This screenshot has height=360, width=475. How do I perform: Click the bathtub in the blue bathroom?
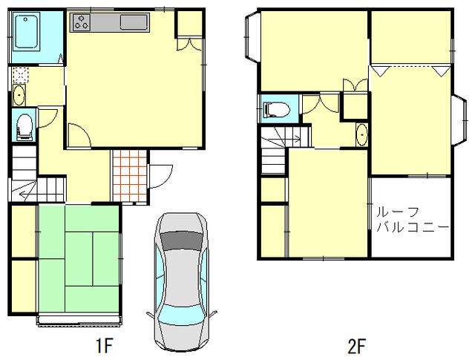point(27,32)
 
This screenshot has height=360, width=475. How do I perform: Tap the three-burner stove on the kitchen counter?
point(81,22)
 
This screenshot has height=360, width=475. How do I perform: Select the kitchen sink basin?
point(134,22)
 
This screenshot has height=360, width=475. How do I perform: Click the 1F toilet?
point(24,127)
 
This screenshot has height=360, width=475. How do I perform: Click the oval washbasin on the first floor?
point(19,95)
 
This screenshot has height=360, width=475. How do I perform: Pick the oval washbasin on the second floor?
point(361,134)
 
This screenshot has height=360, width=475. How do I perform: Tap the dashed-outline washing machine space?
point(21,76)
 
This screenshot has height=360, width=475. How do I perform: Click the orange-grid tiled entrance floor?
point(130,175)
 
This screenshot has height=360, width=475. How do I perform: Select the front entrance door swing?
point(160,177)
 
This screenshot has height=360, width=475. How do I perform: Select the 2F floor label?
point(356,346)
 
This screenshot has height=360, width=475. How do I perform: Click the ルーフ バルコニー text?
point(412,219)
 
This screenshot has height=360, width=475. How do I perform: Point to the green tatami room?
point(79,258)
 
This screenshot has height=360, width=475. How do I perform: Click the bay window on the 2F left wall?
point(252,36)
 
